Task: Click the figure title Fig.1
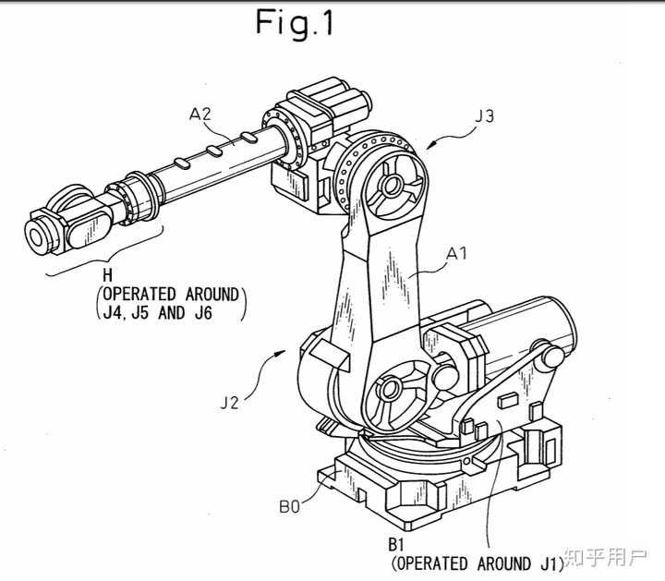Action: tap(295, 23)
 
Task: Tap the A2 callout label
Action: tap(200, 115)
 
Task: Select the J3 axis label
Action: tap(485, 115)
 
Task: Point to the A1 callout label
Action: tap(457, 253)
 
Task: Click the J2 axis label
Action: tap(229, 403)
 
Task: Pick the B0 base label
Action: tap(290, 506)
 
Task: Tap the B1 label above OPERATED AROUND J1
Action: tap(395, 545)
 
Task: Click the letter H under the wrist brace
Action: tap(108, 275)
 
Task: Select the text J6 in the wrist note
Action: tap(203, 313)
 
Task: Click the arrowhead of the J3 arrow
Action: tap(430, 145)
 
